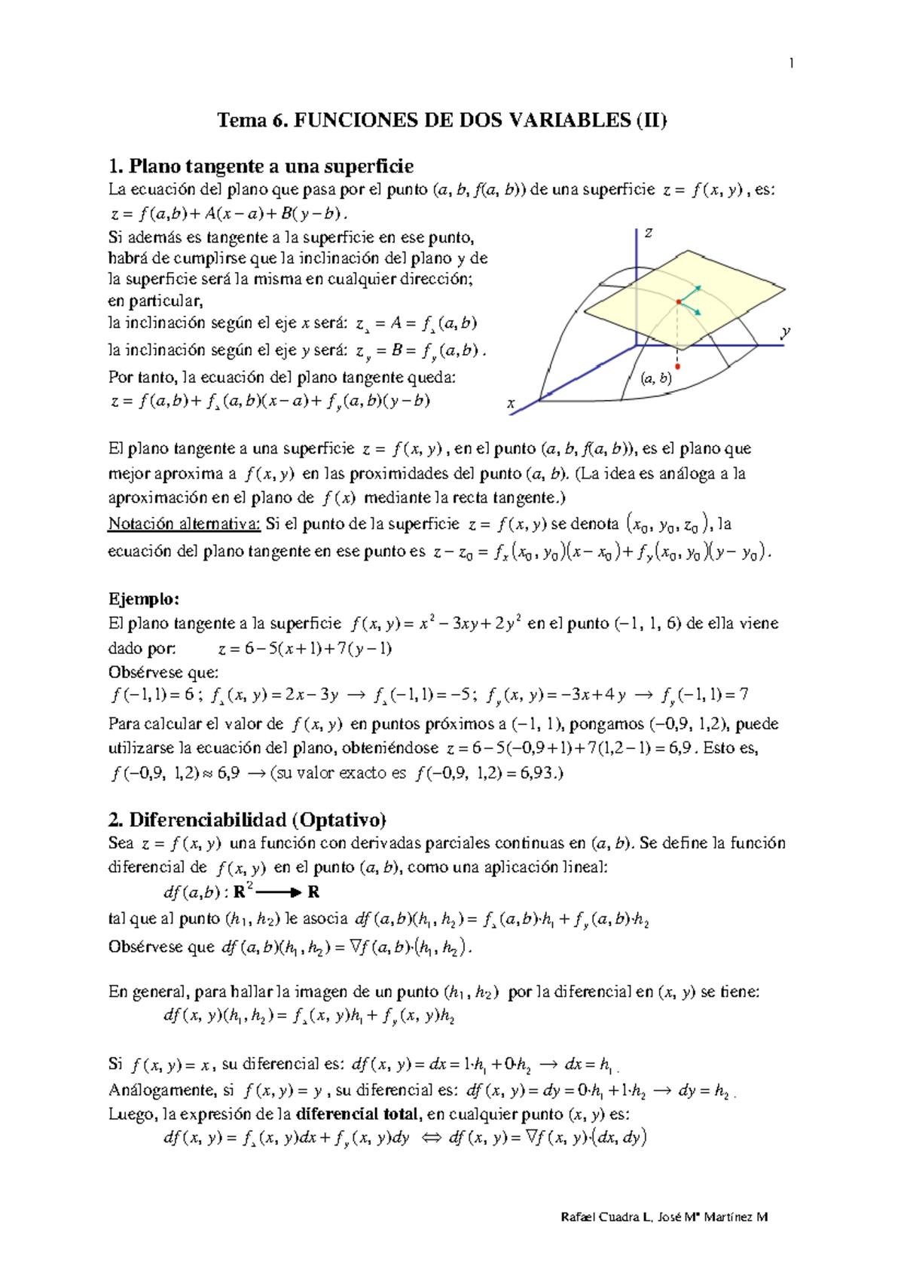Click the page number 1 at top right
click(791, 63)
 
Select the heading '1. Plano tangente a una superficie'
click(261, 166)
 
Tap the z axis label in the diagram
click(647, 233)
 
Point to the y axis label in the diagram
click(786, 332)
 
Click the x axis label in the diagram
click(511, 404)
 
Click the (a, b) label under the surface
click(655, 378)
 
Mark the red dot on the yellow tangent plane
click(679, 301)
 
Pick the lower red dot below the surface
click(678, 366)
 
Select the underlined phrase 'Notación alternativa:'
click(185, 524)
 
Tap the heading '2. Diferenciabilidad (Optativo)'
click(247, 819)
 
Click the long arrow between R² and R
click(279, 892)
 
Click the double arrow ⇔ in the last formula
click(431, 1139)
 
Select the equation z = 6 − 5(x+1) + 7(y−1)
click(305, 649)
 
